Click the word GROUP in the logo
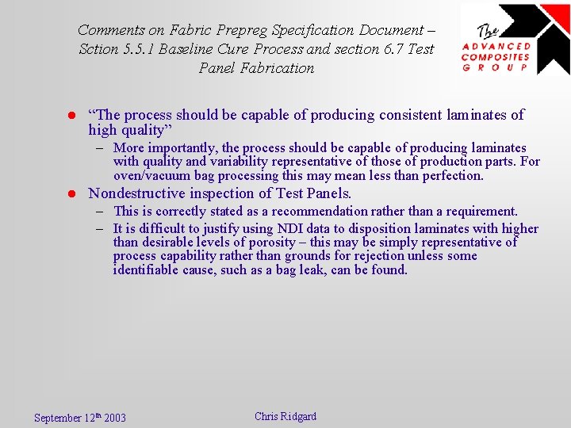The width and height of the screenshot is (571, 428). pyautogui.click(x=496, y=67)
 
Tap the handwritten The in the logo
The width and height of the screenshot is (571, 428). pyautogui.click(x=488, y=32)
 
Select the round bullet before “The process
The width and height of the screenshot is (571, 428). pyautogui.click(x=70, y=116)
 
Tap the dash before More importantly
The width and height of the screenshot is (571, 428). pyautogui.click(x=102, y=148)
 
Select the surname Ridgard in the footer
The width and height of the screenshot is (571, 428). pyautogui.click(x=297, y=416)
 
